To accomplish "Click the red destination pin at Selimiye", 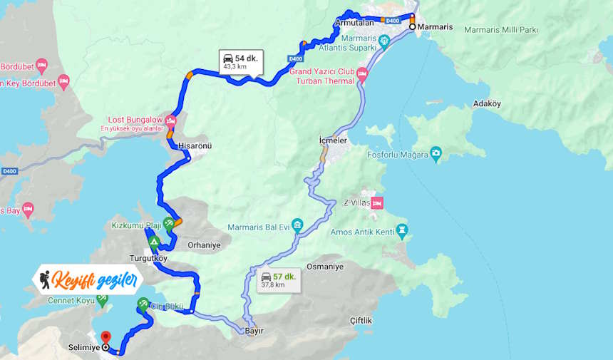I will coord(106,336).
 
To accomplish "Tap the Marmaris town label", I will coord(435,26).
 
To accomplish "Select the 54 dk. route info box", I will coord(240,61).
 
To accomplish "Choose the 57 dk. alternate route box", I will coord(278,279).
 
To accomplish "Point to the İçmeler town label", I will coord(332,141).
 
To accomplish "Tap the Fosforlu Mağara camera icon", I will coord(436,153).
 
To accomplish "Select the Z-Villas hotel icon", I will coord(376,202).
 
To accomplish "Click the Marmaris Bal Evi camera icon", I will coord(297,226).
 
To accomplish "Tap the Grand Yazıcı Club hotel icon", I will coord(361,73).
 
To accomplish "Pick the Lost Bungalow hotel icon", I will coord(170,118).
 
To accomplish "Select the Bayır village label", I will coord(254,331).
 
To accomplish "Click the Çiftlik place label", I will coord(361,321).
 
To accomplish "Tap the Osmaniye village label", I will coord(324,267).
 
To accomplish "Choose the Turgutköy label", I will coord(148,258).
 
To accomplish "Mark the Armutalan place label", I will coord(354,23).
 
